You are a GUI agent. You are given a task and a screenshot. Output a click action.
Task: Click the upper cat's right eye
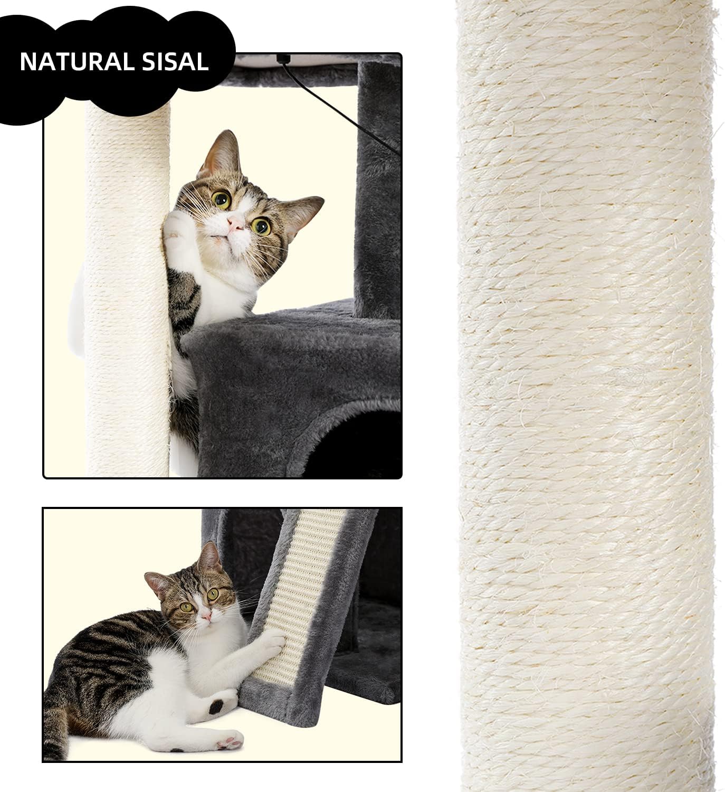[x=261, y=226]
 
